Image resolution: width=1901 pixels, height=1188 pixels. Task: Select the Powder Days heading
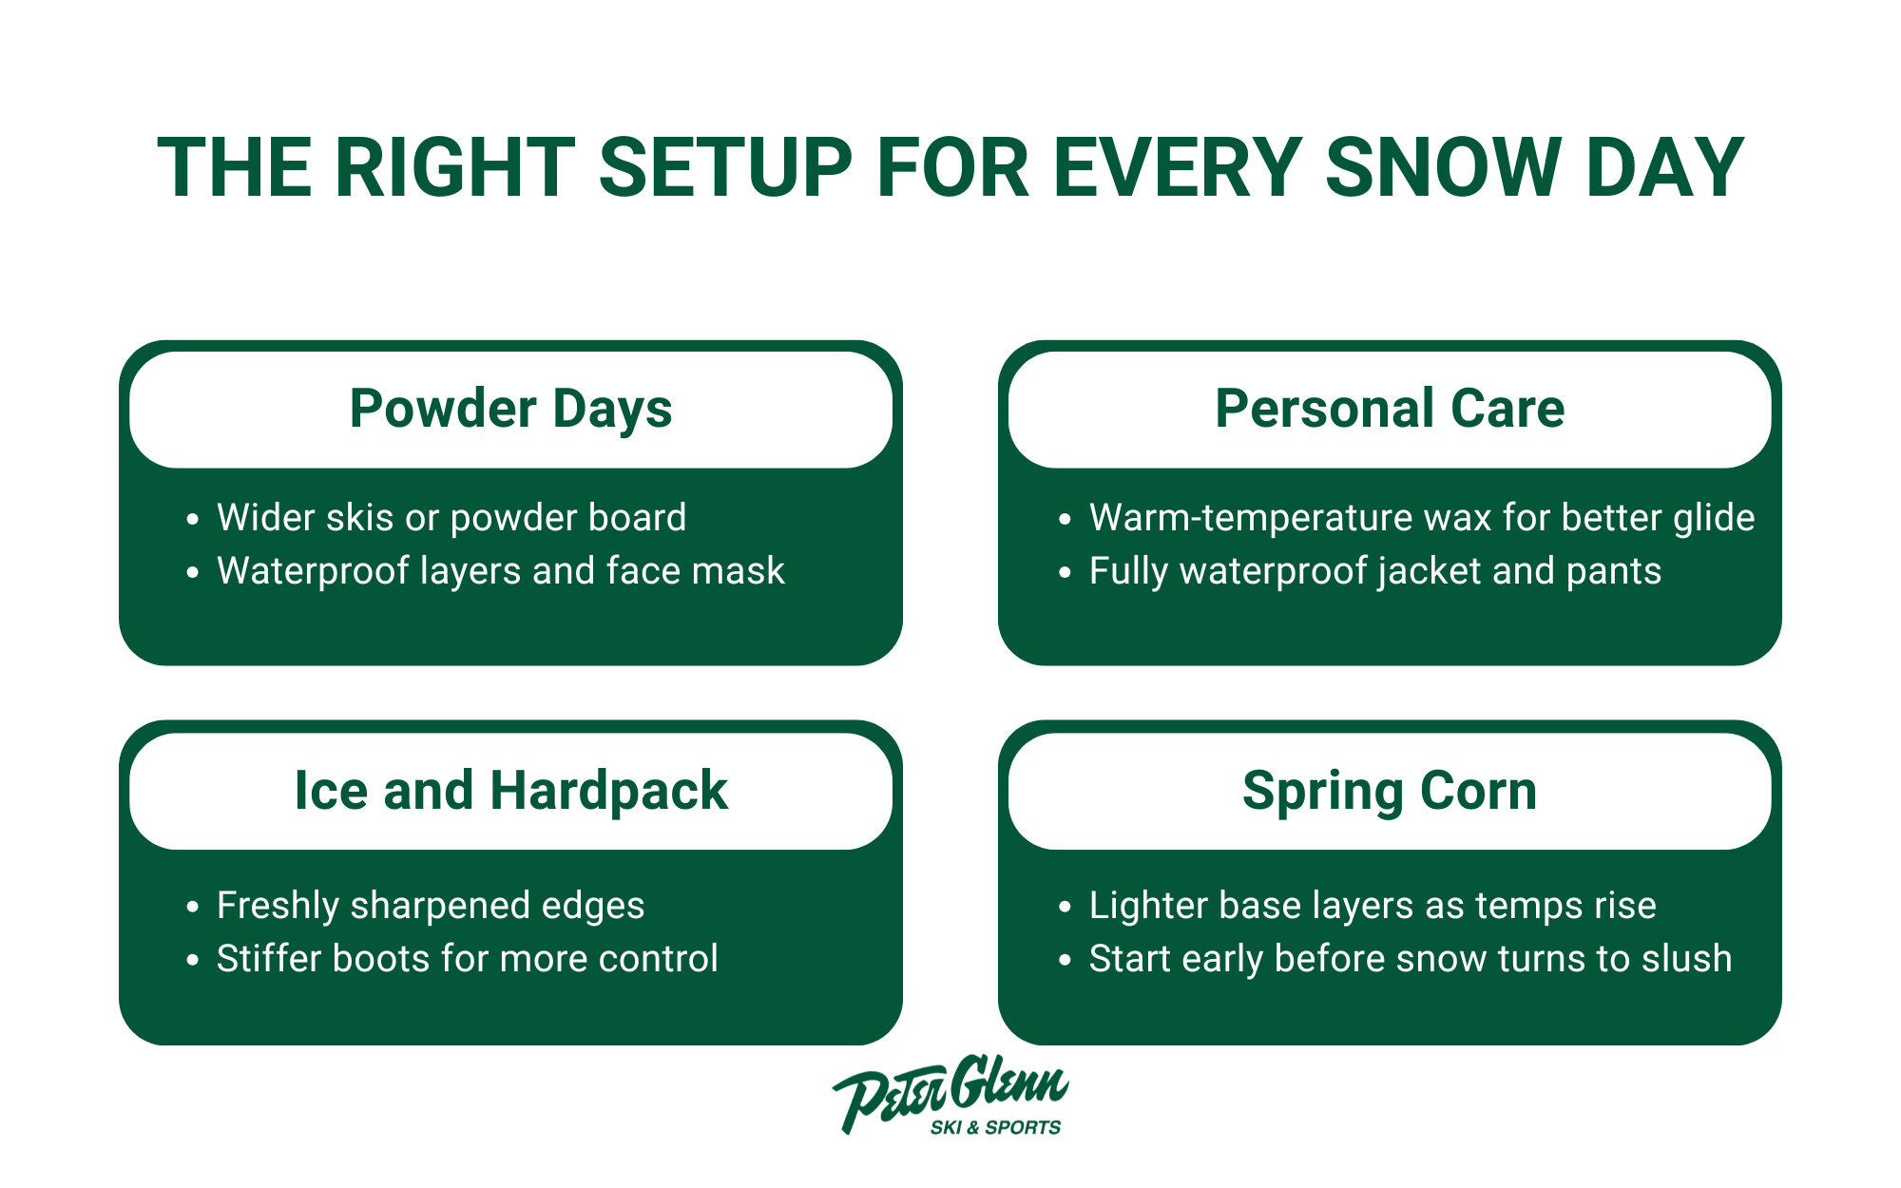pyautogui.click(x=510, y=409)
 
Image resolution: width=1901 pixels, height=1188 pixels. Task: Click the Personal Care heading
pyautogui.click(x=1390, y=409)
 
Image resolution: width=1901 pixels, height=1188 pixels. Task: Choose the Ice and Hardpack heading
pyautogui.click(x=510, y=791)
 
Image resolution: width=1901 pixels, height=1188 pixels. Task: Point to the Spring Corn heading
pyautogui.click(x=1390, y=791)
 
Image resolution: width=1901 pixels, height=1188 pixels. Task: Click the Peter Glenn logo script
pyautogui.click(x=950, y=1091)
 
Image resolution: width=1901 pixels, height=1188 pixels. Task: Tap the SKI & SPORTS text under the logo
pyautogui.click(x=995, y=1128)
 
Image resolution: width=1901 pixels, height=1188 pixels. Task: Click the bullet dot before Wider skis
pyautogui.click(x=193, y=519)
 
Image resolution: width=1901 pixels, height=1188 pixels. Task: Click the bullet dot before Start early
pyautogui.click(x=1065, y=960)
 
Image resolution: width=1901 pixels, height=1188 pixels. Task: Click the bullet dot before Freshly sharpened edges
pyautogui.click(x=193, y=907)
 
